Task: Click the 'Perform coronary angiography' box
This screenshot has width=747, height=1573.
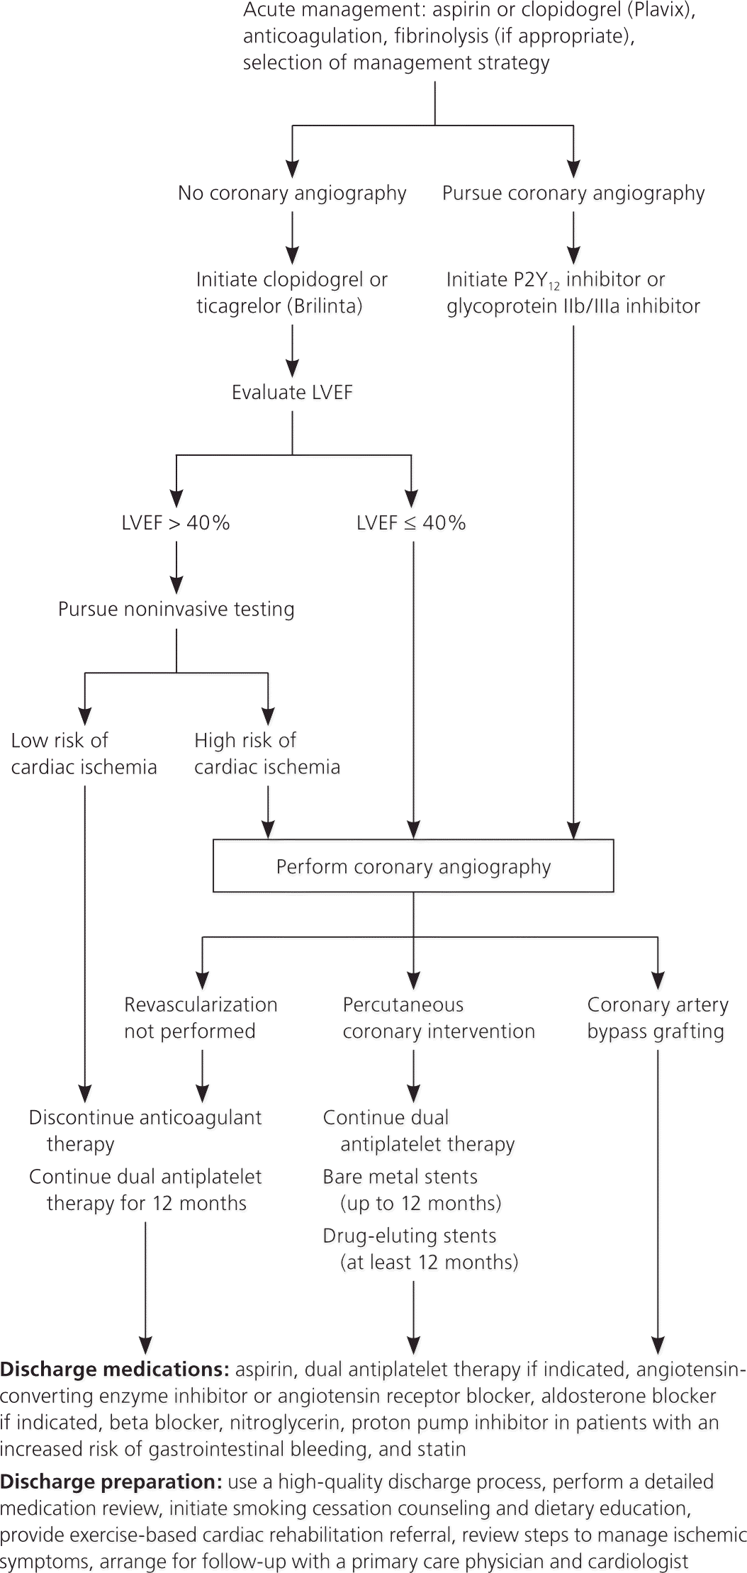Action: [413, 866]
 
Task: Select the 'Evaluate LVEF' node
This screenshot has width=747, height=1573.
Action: [292, 393]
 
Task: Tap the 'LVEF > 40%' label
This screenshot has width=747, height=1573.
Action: [176, 523]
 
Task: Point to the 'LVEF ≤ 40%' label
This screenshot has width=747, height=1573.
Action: [411, 523]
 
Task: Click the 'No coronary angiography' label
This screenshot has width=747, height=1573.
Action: [292, 194]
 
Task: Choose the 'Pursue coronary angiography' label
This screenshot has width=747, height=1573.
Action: [573, 194]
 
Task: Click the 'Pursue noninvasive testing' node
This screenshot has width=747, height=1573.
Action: [176, 610]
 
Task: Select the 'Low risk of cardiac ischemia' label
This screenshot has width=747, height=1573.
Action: [84, 754]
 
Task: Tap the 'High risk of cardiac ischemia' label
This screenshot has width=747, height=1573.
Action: [267, 754]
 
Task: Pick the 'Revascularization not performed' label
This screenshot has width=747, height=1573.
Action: [201, 1018]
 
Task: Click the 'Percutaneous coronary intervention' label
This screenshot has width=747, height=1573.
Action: [439, 1018]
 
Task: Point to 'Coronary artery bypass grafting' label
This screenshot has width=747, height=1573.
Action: [657, 1018]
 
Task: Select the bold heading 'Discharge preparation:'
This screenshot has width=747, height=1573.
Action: [111, 1482]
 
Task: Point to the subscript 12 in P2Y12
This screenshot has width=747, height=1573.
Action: [554, 286]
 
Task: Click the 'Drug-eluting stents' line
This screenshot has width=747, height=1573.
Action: [410, 1236]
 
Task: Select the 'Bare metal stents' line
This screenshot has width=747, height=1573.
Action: [400, 1177]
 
